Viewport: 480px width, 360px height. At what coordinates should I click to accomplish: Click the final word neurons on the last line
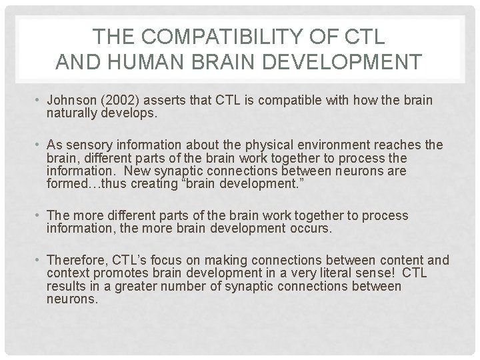(x=72, y=299)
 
